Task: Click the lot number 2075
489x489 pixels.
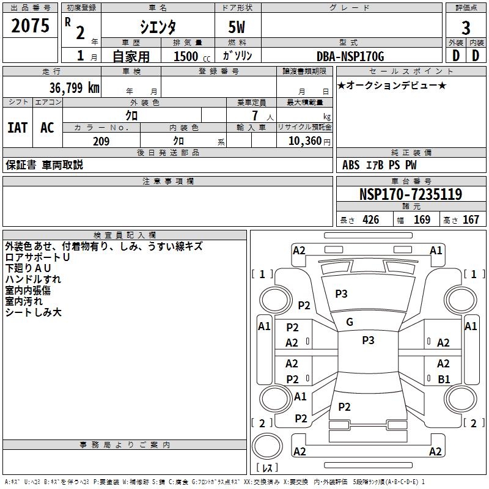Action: [30, 26]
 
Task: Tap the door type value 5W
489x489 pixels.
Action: [238, 28]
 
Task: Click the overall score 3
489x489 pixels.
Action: [466, 28]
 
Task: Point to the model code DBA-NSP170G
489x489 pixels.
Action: [350, 56]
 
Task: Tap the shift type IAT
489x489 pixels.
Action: [17, 128]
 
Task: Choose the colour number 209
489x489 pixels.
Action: [101, 141]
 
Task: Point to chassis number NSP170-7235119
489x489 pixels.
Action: [410, 194]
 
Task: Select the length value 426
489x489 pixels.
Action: [370, 220]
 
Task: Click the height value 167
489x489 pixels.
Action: [471, 220]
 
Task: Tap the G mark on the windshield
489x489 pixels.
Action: [350, 322]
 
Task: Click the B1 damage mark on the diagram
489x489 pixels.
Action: [444, 379]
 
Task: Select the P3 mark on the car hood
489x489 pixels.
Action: [341, 294]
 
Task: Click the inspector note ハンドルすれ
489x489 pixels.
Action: [33, 279]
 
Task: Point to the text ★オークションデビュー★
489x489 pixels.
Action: [391, 85]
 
